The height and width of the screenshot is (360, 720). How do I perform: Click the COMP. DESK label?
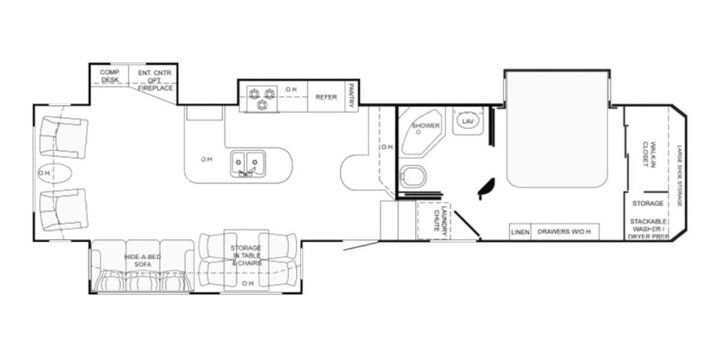pos(110,76)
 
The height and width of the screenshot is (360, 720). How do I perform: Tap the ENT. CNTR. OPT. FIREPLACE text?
pos(155,80)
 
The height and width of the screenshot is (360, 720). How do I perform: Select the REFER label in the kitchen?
pos(326,97)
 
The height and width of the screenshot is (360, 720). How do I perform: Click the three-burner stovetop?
pos(262,98)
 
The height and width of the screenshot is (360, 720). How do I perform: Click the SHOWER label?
pos(425,126)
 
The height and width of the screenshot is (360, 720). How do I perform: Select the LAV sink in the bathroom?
pos(469,122)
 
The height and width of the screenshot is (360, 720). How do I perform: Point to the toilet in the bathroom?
pos(414,176)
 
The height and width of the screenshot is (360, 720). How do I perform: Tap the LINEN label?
pos(520,232)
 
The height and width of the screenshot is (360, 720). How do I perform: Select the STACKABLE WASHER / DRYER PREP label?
pos(649,229)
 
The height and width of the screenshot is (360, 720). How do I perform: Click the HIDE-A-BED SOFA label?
pos(139,260)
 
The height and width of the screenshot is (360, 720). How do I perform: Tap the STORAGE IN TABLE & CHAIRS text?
pos(246,256)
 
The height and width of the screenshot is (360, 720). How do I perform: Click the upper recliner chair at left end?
pos(62,136)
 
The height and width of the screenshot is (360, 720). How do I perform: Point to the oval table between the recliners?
pos(55,173)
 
